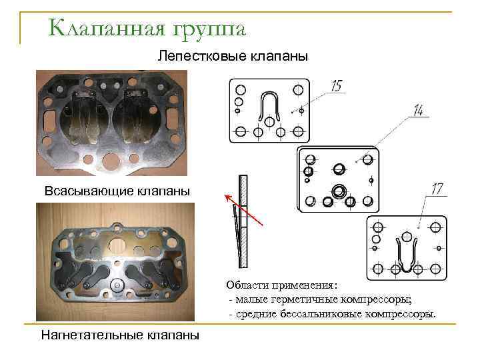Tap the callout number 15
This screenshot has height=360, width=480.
tap(337, 85)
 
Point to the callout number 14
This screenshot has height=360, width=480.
tap(418, 111)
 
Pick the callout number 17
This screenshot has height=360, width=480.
tap(437, 190)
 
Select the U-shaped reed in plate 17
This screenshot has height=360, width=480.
tap(405, 254)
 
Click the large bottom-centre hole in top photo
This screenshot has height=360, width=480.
tap(109, 161)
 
